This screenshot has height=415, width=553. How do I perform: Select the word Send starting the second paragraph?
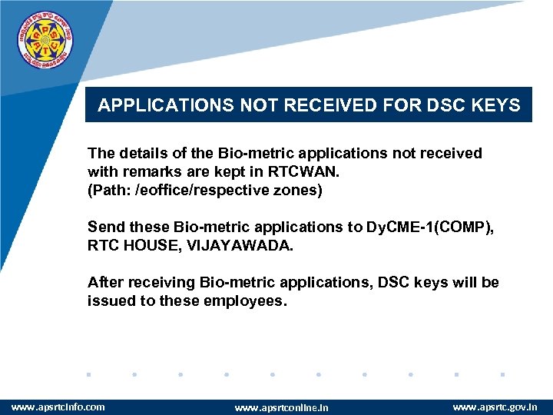(105, 227)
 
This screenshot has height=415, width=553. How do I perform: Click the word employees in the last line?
(244, 300)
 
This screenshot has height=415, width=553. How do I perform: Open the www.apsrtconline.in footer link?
(281, 407)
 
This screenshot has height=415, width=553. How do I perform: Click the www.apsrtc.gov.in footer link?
(495, 407)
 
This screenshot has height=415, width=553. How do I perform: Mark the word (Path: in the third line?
(109, 190)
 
